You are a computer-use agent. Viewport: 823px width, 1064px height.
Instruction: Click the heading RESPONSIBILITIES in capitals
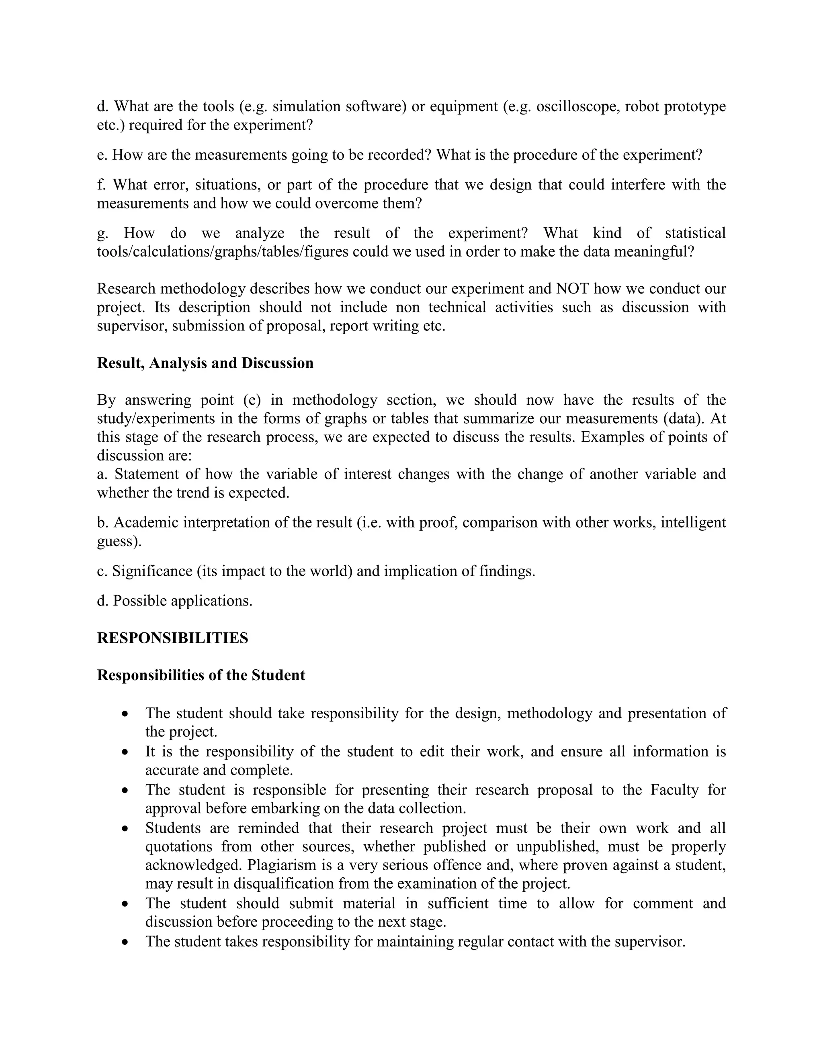(x=172, y=638)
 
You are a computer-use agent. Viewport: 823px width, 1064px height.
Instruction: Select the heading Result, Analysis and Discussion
(x=205, y=363)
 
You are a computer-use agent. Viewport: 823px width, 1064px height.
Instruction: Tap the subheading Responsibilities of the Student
(x=201, y=675)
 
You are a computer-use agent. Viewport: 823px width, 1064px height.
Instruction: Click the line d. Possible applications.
(x=174, y=601)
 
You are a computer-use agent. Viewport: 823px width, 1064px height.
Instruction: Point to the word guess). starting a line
(x=119, y=541)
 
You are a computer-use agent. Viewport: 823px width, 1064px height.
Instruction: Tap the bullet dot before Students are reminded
(x=125, y=828)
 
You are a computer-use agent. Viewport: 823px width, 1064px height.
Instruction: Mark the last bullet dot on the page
(x=125, y=942)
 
